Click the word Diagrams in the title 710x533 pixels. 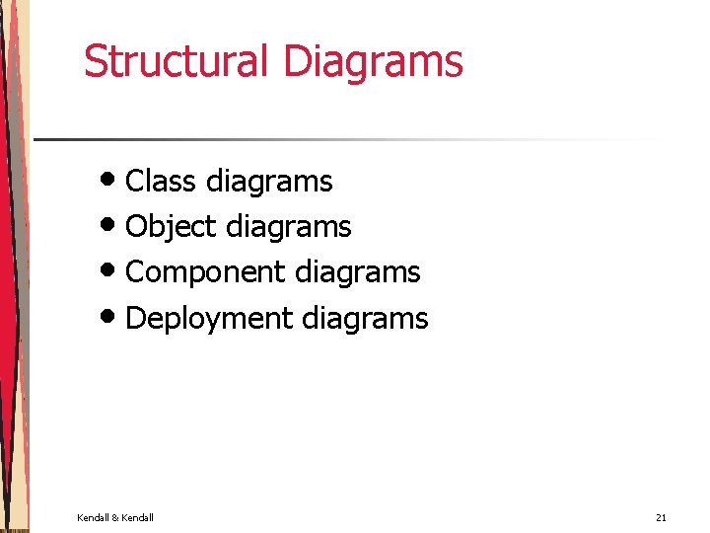373,62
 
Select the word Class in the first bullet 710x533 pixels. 161,182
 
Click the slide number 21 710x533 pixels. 661,518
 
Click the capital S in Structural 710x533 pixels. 95,60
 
